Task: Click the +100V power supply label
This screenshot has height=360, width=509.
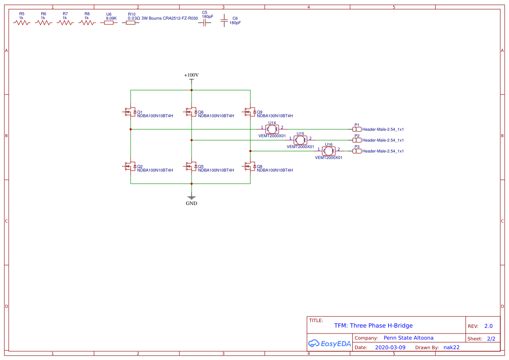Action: tap(191, 75)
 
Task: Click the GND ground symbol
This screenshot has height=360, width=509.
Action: tap(191, 198)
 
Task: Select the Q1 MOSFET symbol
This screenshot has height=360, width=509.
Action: tap(129, 112)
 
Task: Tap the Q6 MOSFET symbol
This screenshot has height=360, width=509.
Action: tap(190, 112)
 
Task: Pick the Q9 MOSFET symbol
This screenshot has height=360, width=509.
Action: tap(249, 112)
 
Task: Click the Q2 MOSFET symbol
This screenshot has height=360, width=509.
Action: tap(129, 167)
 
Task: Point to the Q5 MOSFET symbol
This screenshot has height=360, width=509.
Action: tap(190, 167)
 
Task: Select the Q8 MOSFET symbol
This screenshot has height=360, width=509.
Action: tap(249, 167)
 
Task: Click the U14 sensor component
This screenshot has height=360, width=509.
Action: tap(272, 129)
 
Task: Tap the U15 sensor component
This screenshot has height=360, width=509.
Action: tap(300, 140)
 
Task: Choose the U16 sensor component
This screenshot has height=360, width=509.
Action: tap(329, 151)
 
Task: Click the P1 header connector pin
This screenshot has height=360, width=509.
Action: tap(357, 129)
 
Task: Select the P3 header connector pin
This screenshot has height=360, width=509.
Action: tap(357, 151)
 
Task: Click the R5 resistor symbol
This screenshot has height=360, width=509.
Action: tap(22, 23)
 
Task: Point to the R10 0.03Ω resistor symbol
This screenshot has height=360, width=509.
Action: tap(131, 23)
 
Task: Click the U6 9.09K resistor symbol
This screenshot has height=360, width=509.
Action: tap(109, 23)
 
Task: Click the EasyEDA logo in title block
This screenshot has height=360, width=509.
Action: tap(329, 343)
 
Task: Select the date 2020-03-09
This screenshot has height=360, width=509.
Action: tap(390, 347)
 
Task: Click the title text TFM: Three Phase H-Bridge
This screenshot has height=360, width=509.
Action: tap(373, 326)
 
